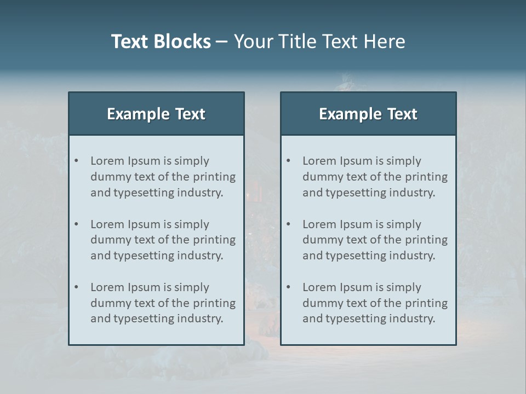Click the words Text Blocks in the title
point(161,42)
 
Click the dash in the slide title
point(222,42)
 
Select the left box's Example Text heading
point(156,114)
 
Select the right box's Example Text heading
point(368,114)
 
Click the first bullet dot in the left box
point(77,161)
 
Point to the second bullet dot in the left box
point(77,224)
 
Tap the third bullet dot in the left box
point(77,287)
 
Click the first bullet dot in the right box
point(289,161)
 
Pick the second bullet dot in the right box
point(289,224)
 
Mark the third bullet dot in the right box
point(289,287)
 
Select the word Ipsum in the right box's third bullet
point(356,288)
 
